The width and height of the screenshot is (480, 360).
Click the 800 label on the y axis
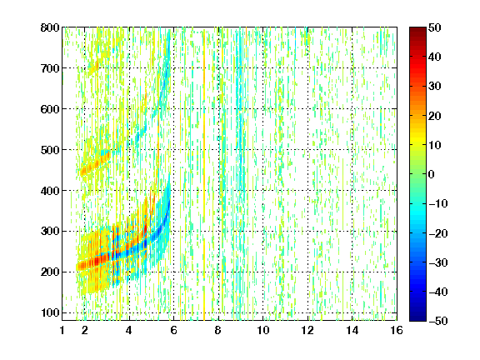coord(50,27)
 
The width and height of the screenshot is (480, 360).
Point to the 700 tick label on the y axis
coord(50,68)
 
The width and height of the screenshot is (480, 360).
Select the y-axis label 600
coord(50,109)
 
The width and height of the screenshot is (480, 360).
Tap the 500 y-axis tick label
coord(50,150)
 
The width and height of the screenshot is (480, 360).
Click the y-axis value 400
coord(50,191)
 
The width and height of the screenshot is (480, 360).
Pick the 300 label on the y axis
coord(50,231)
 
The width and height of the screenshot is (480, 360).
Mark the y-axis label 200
coord(50,272)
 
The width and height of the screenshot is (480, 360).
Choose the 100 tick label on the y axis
coord(50,312)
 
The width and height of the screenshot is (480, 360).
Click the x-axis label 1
coord(62,330)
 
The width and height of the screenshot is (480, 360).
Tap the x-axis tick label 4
coord(129,330)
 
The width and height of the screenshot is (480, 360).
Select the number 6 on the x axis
coord(173,330)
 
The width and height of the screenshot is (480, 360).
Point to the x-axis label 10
coord(263,330)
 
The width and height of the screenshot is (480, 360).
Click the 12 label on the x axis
coord(307,330)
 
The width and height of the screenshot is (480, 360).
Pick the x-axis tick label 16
coord(397,330)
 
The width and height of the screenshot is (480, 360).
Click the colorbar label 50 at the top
coord(434,27)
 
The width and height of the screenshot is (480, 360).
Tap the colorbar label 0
coord(432,174)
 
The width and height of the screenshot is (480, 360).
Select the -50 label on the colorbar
coord(437,321)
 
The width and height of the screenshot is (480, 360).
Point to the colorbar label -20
coord(437,233)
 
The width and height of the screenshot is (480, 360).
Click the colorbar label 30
coord(434,86)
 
